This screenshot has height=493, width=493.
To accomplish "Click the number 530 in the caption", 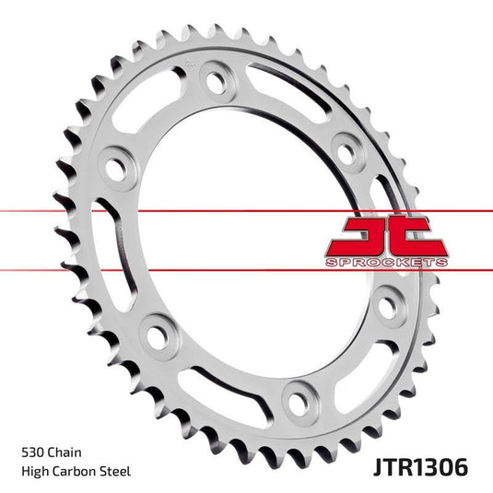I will pos(32,452).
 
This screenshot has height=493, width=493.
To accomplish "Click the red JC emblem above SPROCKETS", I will pos(386,236).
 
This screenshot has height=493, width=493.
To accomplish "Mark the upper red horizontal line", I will pos(184,212).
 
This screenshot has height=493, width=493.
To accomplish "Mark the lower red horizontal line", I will pos(184,269).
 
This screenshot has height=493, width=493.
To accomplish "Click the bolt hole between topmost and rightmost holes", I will pos(347,147).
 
